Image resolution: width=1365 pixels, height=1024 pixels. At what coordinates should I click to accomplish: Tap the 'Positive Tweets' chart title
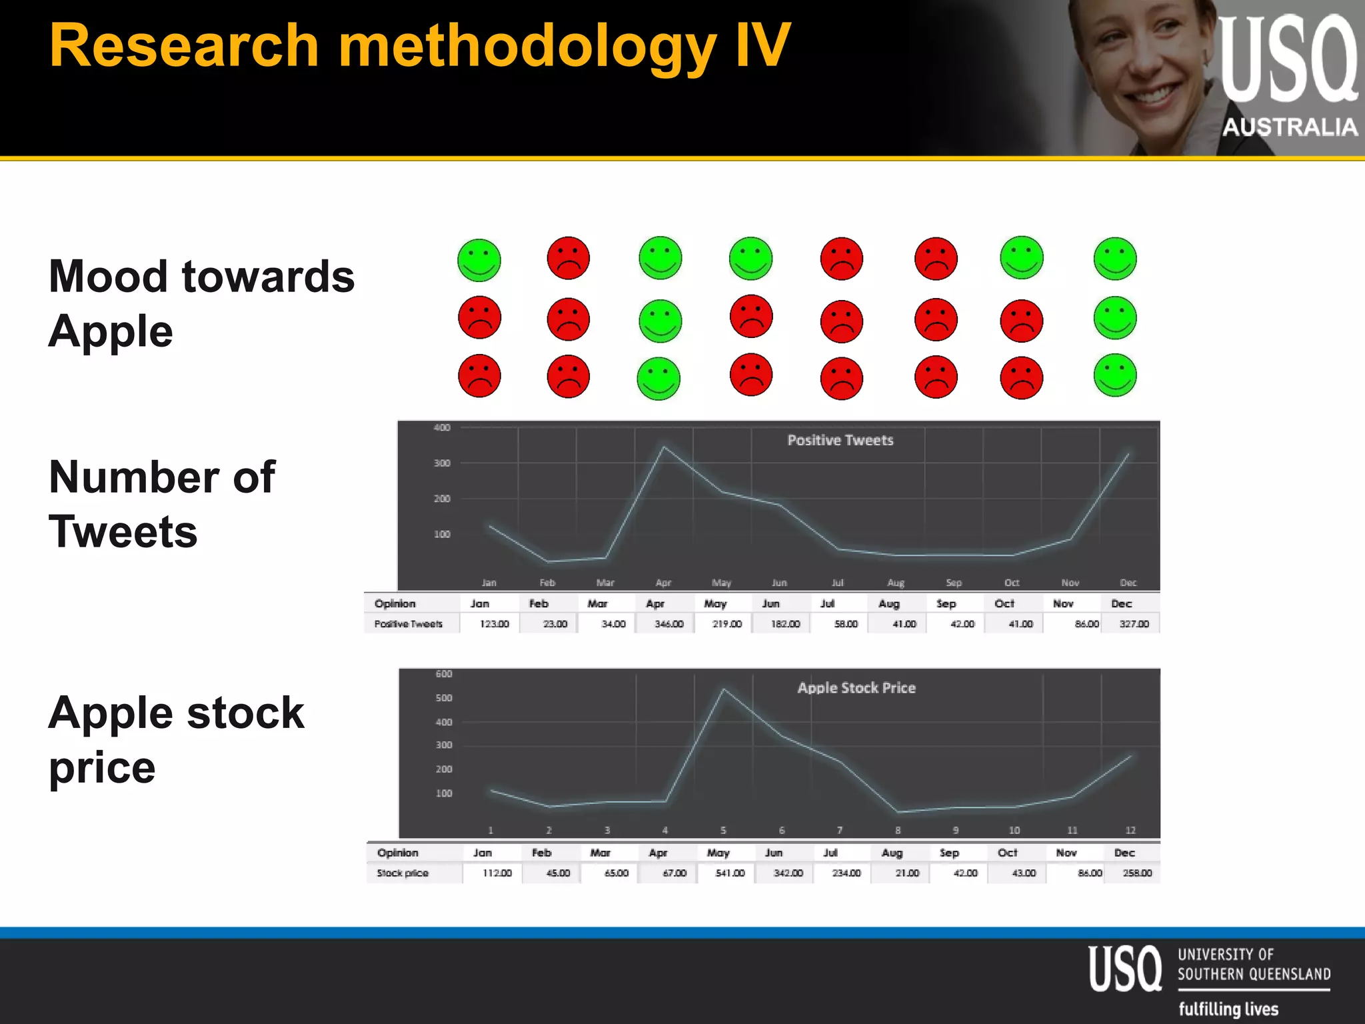(x=840, y=440)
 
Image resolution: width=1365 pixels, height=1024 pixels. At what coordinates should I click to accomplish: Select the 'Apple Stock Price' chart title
(x=856, y=688)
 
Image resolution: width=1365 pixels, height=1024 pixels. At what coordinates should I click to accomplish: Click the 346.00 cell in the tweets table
(x=669, y=624)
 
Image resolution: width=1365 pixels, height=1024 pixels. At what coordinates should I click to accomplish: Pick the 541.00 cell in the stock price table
(x=730, y=873)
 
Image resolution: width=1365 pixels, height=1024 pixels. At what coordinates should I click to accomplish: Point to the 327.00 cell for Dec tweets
(x=1134, y=624)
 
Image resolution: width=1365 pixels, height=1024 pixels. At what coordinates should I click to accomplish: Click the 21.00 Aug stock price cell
(x=907, y=873)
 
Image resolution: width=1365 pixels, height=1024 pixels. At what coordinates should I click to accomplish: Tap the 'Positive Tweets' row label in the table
(x=408, y=624)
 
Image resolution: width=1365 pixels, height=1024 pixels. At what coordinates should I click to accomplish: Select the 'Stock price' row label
(x=403, y=873)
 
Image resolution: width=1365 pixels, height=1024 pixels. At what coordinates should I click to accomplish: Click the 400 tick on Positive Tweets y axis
(x=442, y=428)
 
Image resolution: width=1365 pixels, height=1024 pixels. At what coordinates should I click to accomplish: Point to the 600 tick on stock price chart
(x=444, y=674)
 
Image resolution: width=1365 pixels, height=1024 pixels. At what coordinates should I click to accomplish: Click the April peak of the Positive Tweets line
(x=664, y=447)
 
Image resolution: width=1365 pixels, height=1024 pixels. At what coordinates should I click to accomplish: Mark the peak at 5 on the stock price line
(x=724, y=689)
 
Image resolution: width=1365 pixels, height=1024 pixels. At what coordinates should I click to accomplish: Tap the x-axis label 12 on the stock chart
(x=1130, y=830)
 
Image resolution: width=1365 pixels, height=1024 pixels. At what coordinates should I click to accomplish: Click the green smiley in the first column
(x=479, y=260)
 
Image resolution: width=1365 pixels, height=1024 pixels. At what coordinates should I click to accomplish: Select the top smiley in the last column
(x=1115, y=259)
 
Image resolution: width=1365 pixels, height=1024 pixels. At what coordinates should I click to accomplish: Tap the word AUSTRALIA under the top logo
(x=1290, y=127)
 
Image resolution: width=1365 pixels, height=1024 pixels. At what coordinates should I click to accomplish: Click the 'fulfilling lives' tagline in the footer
(x=1228, y=1009)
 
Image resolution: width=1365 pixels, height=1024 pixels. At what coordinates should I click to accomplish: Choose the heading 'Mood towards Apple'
(x=201, y=303)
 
